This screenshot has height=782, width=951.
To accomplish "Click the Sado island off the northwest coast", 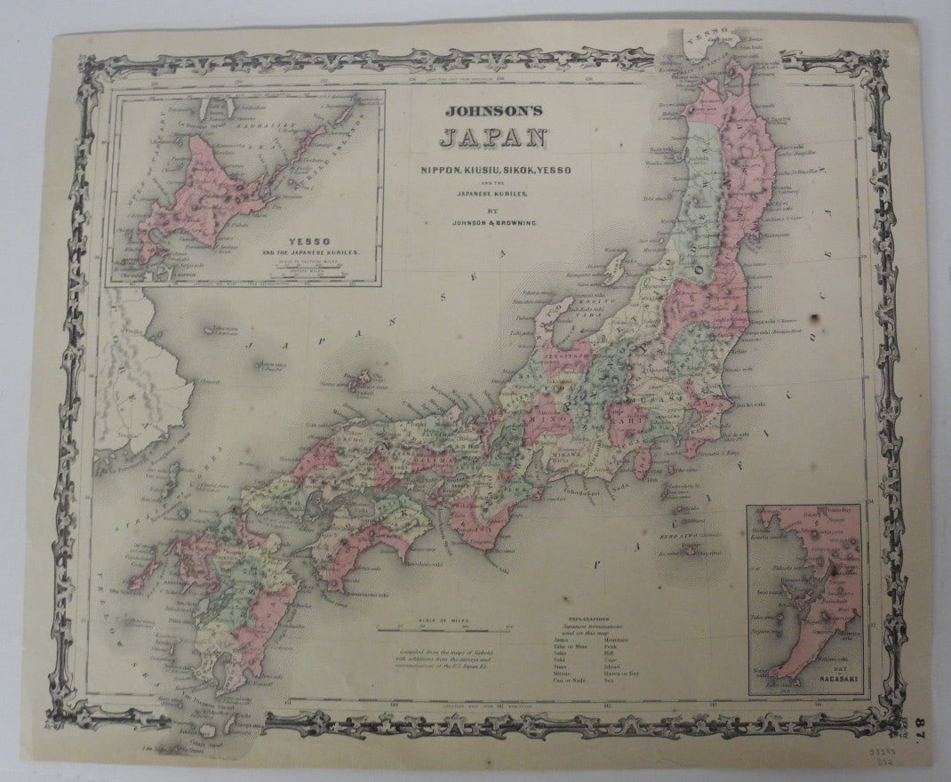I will coord(614,266).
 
